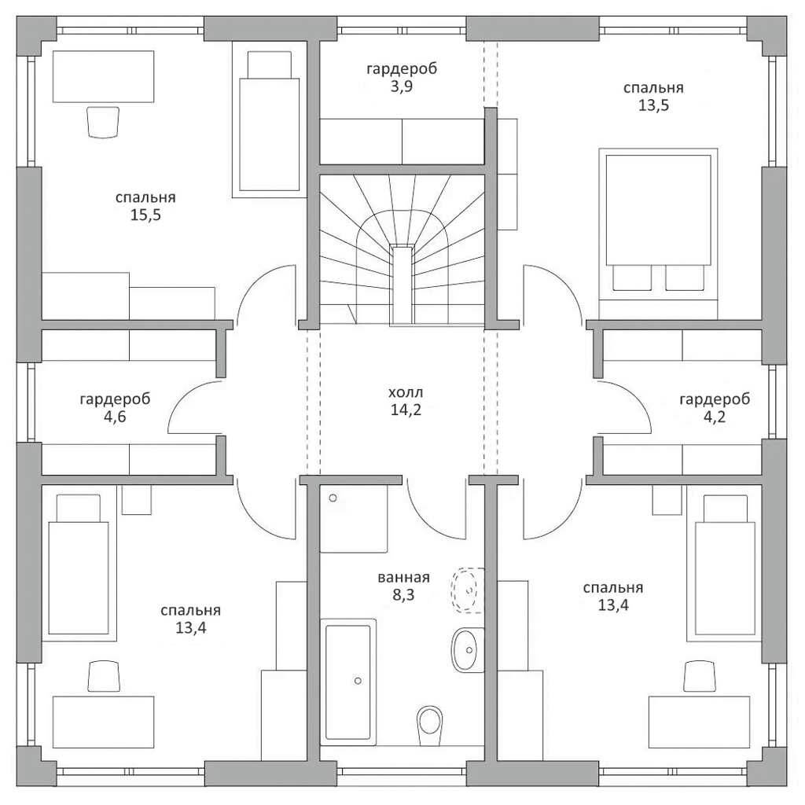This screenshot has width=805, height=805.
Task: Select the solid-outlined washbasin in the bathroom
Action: click(x=468, y=650)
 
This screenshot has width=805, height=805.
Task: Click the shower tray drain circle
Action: click(x=333, y=498)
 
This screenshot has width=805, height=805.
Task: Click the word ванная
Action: click(x=403, y=578)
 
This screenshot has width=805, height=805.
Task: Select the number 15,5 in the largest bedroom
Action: click(x=145, y=215)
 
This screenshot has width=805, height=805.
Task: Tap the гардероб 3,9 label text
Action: click(x=402, y=77)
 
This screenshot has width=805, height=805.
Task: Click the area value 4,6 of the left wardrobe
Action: click(x=115, y=417)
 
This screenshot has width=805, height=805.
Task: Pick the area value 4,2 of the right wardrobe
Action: click(x=714, y=417)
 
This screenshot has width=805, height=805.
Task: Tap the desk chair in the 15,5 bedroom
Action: click(x=104, y=122)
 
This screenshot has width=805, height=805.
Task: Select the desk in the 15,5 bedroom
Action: click(x=103, y=76)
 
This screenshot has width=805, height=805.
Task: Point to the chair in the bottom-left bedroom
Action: click(x=104, y=676)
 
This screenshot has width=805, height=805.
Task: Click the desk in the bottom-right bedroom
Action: click(x=699, y=722)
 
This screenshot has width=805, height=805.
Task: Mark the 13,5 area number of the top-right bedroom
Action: click(x=653, y=105)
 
